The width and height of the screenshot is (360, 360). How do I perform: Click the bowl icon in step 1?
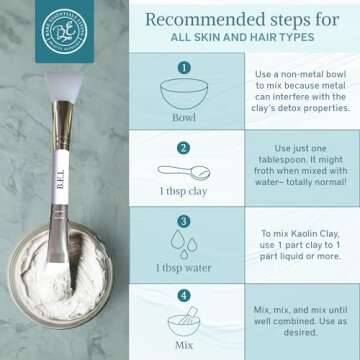tap(184, 90)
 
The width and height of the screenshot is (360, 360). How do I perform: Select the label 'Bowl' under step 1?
tap(184, 114)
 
